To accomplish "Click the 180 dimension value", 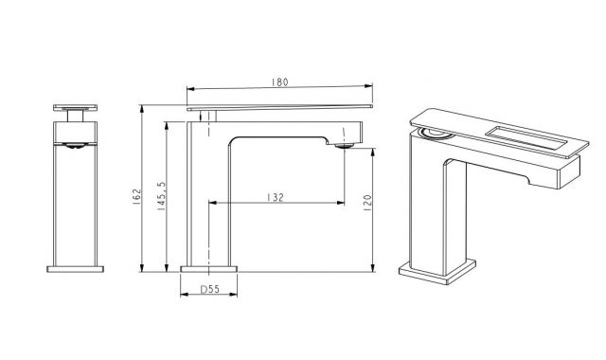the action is coord(279,82).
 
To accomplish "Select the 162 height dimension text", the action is coord(136,196).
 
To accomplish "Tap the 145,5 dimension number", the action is coord(161,196).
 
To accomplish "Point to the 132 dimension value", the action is coord(276,197).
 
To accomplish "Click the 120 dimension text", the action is coord(366,203).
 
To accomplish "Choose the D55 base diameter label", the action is coord(210,289).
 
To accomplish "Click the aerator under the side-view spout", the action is coord(345,146).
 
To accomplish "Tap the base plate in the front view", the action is coord(76,269).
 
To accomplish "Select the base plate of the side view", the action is coord(208,269).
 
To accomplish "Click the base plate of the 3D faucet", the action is coord(437,272).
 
